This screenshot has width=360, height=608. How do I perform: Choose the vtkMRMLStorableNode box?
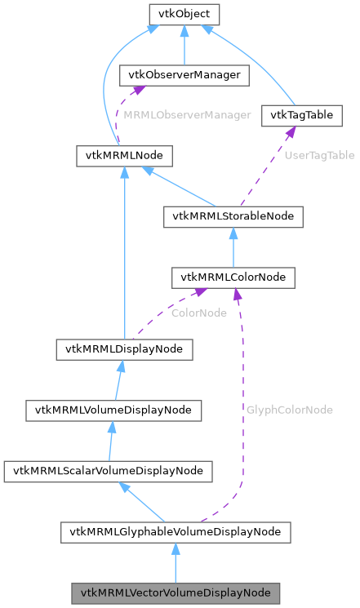(233, 216)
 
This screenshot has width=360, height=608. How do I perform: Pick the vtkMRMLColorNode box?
(233, 277)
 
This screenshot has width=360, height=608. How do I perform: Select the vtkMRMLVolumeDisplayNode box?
(113, 410)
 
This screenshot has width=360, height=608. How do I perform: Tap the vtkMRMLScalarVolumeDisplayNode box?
(108, 471)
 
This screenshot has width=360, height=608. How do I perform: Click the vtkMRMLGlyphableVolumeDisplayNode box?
(176, 532)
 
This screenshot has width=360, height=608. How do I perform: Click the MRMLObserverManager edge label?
(187, 115)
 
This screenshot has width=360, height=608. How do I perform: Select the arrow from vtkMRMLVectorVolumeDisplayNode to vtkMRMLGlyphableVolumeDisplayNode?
(176, 563)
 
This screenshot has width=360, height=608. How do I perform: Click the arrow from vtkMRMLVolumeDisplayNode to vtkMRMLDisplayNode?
(118, 379)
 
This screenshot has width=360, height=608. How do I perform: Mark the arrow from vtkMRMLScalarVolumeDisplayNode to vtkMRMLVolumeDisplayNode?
(110, 441)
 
